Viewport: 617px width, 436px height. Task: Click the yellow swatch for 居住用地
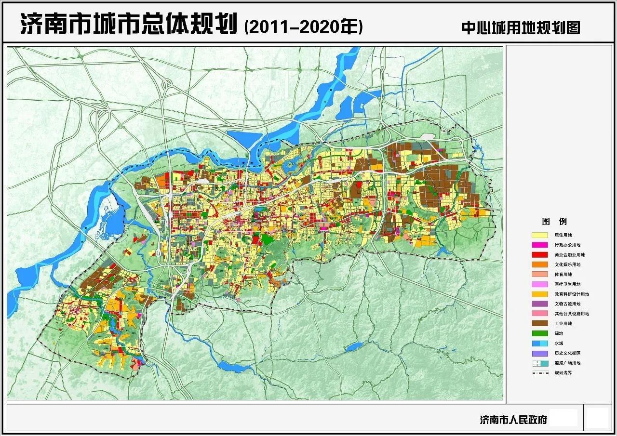[x=540, y=235]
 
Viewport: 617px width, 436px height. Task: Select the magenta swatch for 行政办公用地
[x=540, y=245]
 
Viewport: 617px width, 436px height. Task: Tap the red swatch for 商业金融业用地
[x=540, y=255]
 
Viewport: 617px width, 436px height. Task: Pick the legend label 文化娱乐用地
[x=567, y=264]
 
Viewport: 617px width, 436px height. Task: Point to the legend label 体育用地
[x=563, y=275]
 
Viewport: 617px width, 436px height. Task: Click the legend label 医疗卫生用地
[x=567, y=284]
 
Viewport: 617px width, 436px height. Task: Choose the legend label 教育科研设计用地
[x=572, y=294]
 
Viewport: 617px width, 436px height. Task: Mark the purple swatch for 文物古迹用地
[x=540, y=304]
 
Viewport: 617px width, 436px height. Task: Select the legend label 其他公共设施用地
[x=572, y=314]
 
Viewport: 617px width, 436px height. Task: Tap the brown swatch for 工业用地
[x=540, y=324]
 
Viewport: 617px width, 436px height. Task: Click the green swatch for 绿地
[x=540, y=333]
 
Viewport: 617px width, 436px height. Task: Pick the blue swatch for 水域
[x=540, y=344]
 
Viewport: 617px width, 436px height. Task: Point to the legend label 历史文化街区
[x=567, y=353]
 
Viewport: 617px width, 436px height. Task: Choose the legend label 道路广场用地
[x=567, y=363]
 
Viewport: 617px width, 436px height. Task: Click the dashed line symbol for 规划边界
[x=540, y=373]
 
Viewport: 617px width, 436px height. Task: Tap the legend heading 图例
[x=554, y=222]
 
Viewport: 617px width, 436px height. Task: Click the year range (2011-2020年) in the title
[x=304, y=26]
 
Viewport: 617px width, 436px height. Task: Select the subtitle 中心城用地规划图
[x=521, y=27]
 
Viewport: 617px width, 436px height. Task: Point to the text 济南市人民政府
[x=513, y=420]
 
